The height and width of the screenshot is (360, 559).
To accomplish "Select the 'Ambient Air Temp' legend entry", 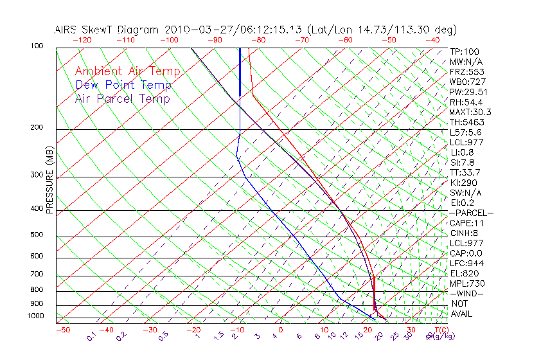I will pyautogui.click(x=127, y=71).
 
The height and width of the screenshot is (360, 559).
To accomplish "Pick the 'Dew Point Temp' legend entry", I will pyautogui.click(x=123, y=85).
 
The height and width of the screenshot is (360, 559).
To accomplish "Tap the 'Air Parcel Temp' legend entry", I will pyautogui.click(x=123, y=98).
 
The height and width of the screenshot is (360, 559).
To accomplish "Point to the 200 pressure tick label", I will pyautogui.click(x=38, y=127).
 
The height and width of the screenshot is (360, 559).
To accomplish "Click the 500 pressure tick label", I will pyautogui.click(x=38, y=235).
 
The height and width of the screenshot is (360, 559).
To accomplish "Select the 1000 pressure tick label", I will pyautogui.click(x=37, y=316).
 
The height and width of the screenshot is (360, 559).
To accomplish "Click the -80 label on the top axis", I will pyautogui.click(x=257, y=40).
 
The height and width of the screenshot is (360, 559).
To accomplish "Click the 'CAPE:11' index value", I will pyautogui.click(x=467, y=223).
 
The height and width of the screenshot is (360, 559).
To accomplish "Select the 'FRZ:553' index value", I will pyautogui.click(x=466, y=71).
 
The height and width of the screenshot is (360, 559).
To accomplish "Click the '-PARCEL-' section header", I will pyautogui.click(x=471, y=213).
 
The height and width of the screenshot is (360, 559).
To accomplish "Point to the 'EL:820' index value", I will pyautogui.click(x=464, y=273).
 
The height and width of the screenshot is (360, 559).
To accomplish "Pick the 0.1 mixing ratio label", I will pyautogui.click(x=91, y=336).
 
